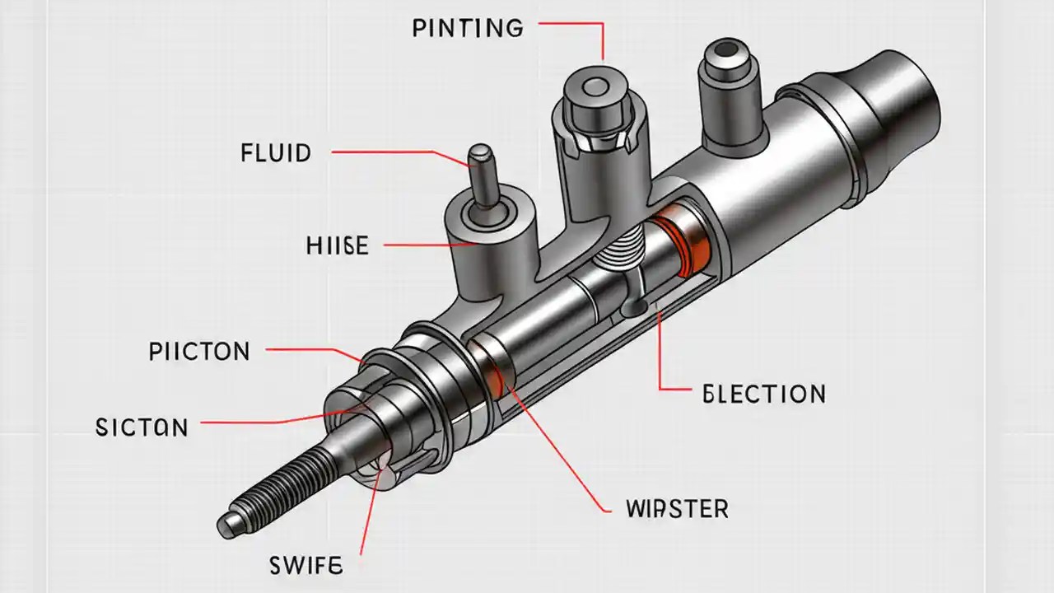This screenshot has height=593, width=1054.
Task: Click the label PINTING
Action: click(467, 28)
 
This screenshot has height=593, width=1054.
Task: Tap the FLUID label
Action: click(276, 153)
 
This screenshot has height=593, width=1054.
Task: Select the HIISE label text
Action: click(337, 245)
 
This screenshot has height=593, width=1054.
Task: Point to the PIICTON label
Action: click(199, 352)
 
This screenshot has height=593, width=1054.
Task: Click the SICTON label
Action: click(142, 427)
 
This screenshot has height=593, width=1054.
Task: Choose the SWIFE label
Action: click(305, 566)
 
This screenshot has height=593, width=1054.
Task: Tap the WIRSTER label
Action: click(677, 508)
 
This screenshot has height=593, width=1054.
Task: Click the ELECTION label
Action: click(764, 394)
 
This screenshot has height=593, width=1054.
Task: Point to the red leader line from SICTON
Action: click(272, 423)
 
